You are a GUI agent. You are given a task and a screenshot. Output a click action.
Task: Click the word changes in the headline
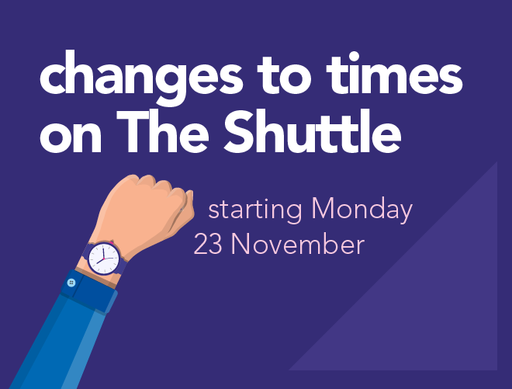click(x=141, y=78)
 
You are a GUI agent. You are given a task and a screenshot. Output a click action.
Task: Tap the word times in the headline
click(x=394, y=75)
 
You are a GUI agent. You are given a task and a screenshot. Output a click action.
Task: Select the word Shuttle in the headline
click(x=312, y=131)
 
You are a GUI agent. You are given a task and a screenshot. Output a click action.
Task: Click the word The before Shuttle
click(x=163, y=131)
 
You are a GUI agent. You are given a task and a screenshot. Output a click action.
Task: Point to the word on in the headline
click(x=71, y=138)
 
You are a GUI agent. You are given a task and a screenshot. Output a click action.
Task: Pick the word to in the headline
click(x=285, y=77)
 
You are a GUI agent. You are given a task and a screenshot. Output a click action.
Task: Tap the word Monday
click(x=362, y=209)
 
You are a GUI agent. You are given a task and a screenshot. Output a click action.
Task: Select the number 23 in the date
click(x=208, y=244)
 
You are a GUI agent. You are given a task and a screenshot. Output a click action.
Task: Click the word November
click(x=297, y=244)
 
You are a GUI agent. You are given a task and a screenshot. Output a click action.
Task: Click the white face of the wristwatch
click(x=104, y=258)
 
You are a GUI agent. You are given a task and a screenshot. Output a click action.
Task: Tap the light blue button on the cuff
click(x=71, y=283)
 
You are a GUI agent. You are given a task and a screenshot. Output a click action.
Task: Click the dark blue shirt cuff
click(x=88, y=292)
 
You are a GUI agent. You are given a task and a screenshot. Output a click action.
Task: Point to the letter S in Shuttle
click(x=240, y=131)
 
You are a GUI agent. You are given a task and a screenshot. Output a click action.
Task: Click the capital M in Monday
click(x=324, y=208)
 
